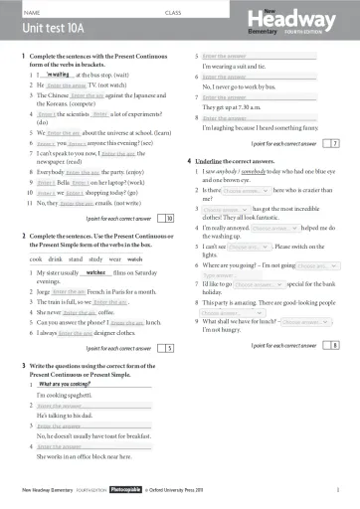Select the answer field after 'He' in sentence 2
tap(66, 88)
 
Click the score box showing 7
tap(334, 143)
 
